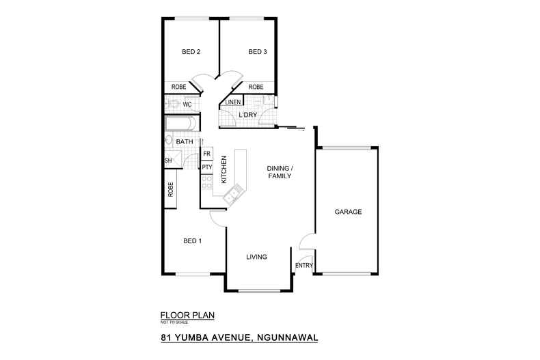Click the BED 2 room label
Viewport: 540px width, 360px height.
point(191,52)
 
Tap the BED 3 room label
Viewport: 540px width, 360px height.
point(257,52)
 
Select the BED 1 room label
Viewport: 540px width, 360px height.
point(192,240)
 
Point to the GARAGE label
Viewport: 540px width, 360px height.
point(348,212)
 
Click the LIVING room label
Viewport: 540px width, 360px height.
point(256,257)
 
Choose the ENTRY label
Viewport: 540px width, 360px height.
point(303,266)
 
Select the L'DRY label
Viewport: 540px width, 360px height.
point(247,115)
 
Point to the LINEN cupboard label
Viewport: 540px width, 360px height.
point(232,103)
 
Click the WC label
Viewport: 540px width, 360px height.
point(187,105)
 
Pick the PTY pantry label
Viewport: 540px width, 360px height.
point(206,167)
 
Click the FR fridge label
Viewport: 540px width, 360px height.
point(206,154)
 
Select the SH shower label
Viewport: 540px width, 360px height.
point(167,161)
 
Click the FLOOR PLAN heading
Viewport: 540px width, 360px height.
point(187,315)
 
